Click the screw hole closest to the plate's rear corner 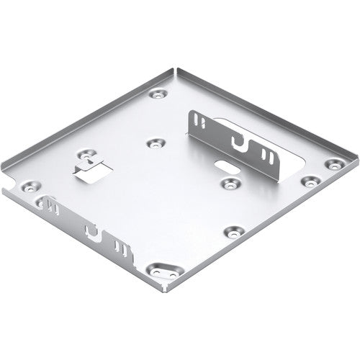point(156,94)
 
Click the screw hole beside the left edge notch point(32,186)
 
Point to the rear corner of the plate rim point(174,70)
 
